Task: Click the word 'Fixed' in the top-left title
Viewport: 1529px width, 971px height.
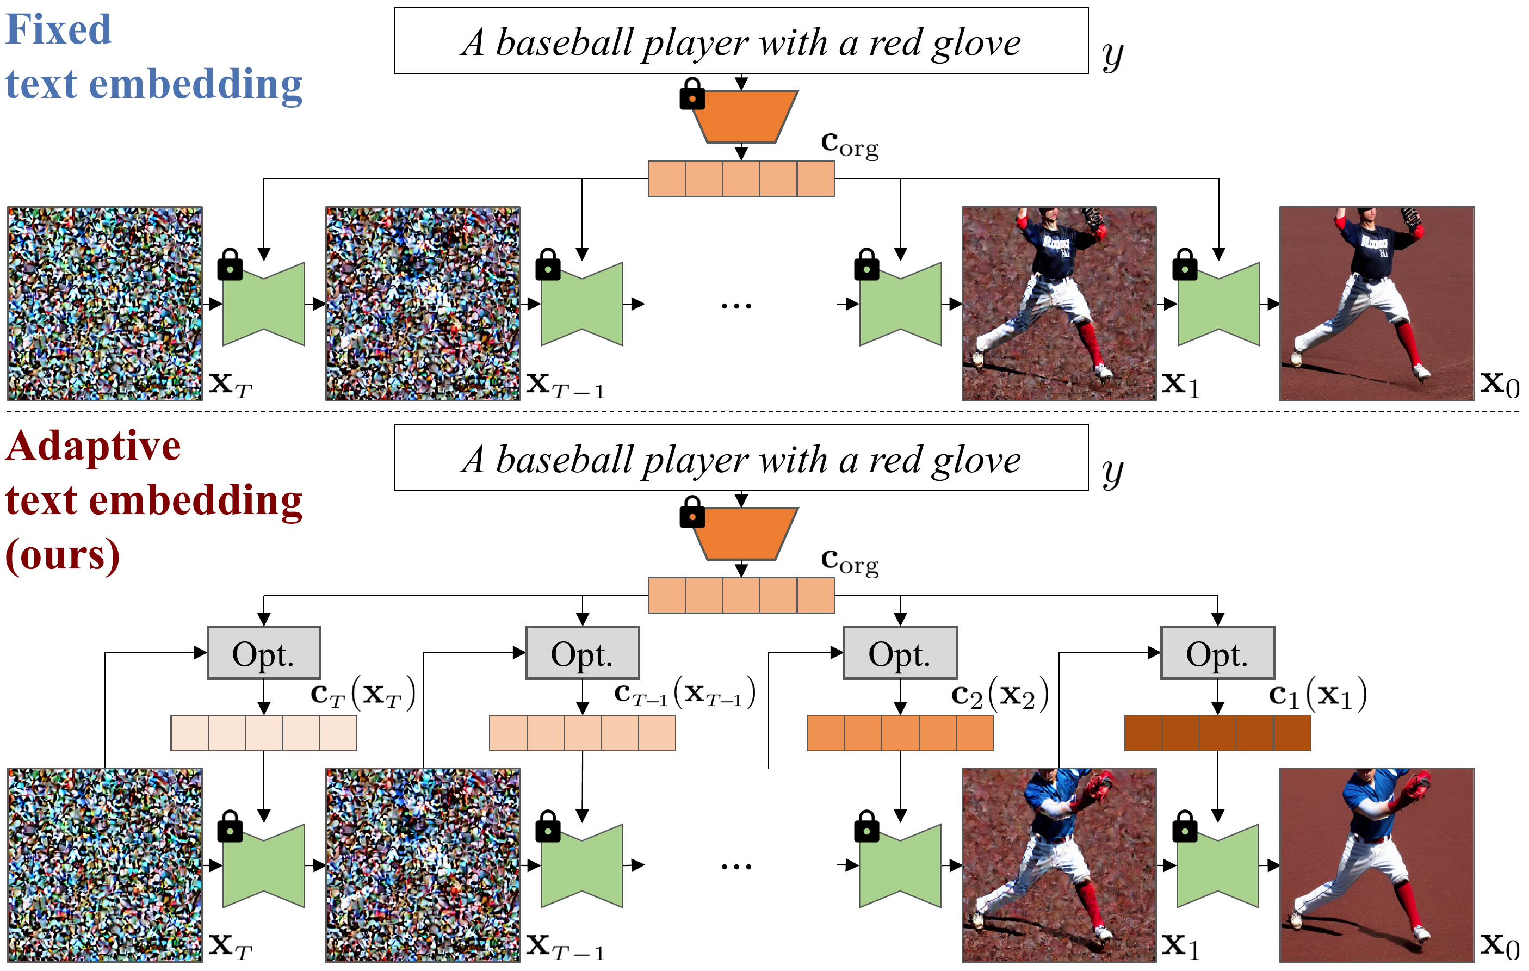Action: (58, 30)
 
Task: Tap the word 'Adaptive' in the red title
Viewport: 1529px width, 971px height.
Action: (94, 446)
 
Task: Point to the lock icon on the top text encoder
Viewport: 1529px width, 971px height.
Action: (692, 95)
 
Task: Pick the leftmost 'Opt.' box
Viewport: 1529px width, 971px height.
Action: (263, 653)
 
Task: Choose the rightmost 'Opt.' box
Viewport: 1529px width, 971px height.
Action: (1217, 653)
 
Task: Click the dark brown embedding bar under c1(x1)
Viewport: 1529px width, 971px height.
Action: (1217, 733)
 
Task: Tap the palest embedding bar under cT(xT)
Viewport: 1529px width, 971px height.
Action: (263, 733)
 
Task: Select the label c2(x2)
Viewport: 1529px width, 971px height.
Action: (999, 695)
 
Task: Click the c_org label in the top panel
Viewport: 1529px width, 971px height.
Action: (850, 144)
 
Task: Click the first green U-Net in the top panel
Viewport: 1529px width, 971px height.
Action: (263, 304)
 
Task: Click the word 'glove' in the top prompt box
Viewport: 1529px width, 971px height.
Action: (976, 43)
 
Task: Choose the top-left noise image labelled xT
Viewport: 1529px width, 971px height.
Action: (105, 304)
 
